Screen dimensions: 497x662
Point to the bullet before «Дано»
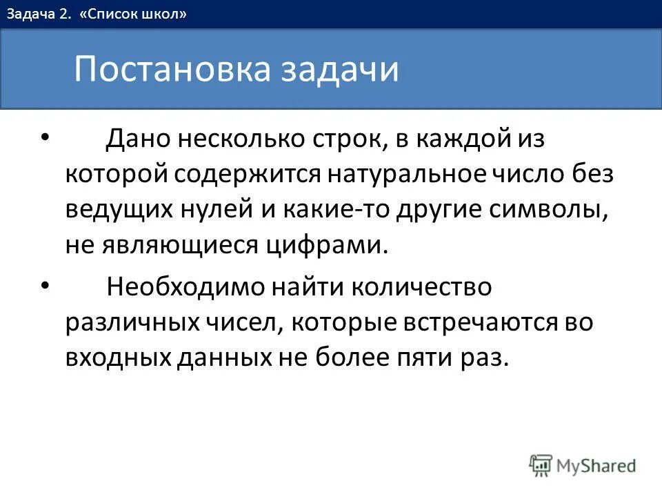pyautogui.click(x=46, y=137)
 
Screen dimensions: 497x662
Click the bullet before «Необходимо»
pyautogui.click(x=46, y=284)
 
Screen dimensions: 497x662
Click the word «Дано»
pyautogui.click(x=138, y=139)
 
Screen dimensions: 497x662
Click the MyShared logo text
pyautogui.click(x=596, y=466)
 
